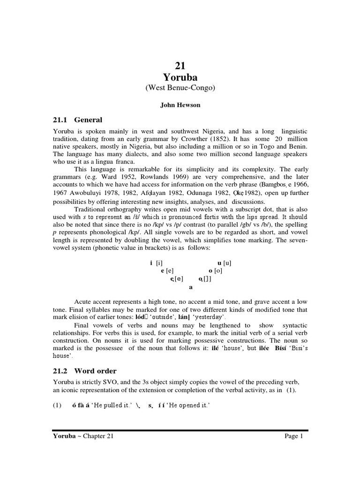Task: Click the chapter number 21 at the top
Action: point(180,66)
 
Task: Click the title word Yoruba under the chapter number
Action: point(180,77)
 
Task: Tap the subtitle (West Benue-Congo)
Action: point(180,88)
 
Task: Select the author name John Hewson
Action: point(180,105)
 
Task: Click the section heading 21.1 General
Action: point(77,120)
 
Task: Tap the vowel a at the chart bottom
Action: point(190,287)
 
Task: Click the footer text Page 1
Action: point(294,436)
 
